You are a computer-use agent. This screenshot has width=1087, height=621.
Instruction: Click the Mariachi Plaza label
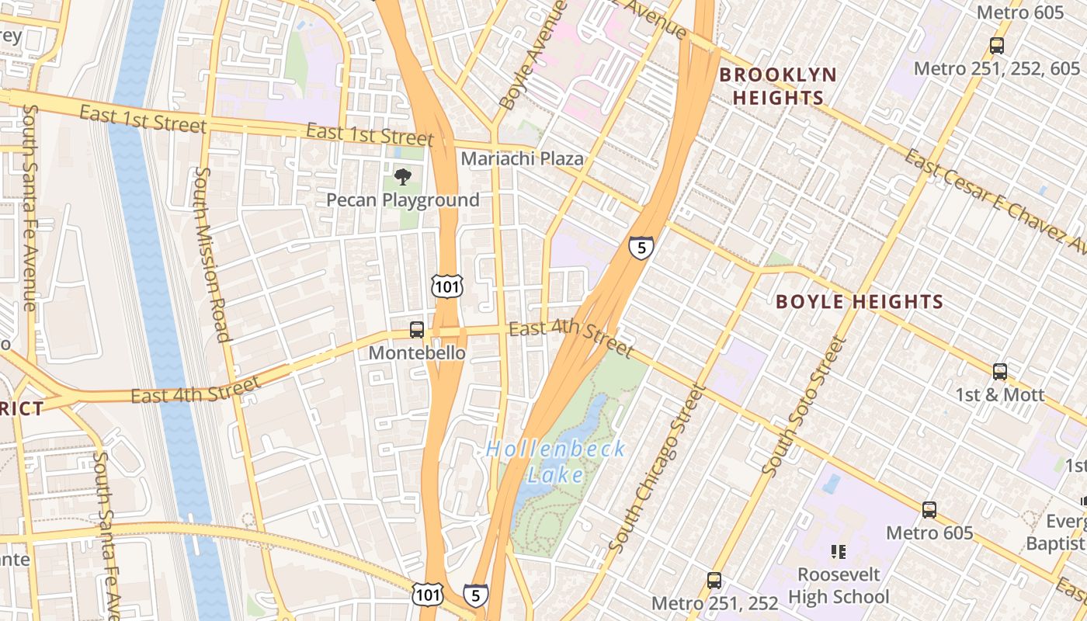[522, 158]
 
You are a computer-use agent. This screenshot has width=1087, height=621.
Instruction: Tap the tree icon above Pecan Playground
[402, 177]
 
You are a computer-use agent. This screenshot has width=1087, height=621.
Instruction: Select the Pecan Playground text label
[402, 200]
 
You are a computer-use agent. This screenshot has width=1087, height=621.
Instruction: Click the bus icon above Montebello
[417, 330]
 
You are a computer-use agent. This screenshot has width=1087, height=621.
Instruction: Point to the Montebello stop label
[417, 353]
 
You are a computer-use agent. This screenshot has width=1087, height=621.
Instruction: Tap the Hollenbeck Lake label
[555, 462]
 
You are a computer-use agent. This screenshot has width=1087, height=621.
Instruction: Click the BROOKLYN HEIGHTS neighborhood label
[777, 86]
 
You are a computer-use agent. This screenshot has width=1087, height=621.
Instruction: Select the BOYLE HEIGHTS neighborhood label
[860, 302]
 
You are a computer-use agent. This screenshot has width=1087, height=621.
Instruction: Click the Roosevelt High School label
[839, 586]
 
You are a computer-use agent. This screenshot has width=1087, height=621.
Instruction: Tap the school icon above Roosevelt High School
[838, 552]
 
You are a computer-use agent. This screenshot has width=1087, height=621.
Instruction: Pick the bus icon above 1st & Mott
[1000, 371]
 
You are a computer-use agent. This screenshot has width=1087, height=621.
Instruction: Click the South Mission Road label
[211, 254]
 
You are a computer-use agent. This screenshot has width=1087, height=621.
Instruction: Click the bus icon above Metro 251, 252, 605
[997, 46]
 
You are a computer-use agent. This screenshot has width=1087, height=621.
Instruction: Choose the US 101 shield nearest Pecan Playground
[448, 286]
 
